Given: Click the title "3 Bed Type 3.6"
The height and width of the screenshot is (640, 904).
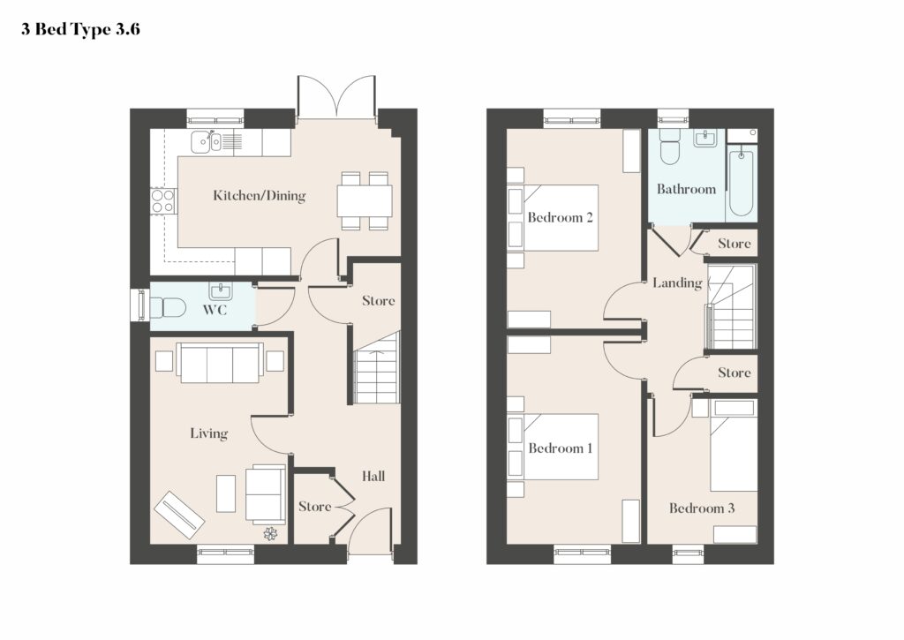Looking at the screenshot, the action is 80,29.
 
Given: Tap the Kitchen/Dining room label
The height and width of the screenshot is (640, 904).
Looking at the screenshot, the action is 260,195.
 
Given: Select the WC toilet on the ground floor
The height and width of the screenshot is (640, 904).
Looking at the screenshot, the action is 167,306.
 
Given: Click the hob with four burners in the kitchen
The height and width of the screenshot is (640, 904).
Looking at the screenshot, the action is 162,201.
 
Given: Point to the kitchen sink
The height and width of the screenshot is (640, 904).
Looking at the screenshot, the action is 206,141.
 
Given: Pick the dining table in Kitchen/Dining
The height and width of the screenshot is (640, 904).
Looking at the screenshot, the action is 365,200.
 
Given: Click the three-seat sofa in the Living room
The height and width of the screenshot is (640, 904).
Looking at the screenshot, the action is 220,363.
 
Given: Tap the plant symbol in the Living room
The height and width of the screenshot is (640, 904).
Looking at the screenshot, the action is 270,534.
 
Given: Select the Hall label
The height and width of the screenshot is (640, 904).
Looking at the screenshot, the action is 373,477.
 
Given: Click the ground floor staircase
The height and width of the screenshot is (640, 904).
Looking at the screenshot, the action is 376,368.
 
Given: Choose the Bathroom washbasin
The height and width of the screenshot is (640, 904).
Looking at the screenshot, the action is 705,139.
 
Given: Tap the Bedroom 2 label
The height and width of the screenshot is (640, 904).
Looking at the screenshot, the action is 561,217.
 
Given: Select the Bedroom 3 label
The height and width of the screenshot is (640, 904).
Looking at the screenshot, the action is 702,508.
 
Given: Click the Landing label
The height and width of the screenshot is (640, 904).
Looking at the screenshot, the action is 677,282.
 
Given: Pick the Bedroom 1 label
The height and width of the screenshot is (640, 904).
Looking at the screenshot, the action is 561,448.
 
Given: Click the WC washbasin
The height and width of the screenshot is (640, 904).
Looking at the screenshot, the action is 220,291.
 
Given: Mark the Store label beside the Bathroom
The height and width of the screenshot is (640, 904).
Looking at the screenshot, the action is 734,244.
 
